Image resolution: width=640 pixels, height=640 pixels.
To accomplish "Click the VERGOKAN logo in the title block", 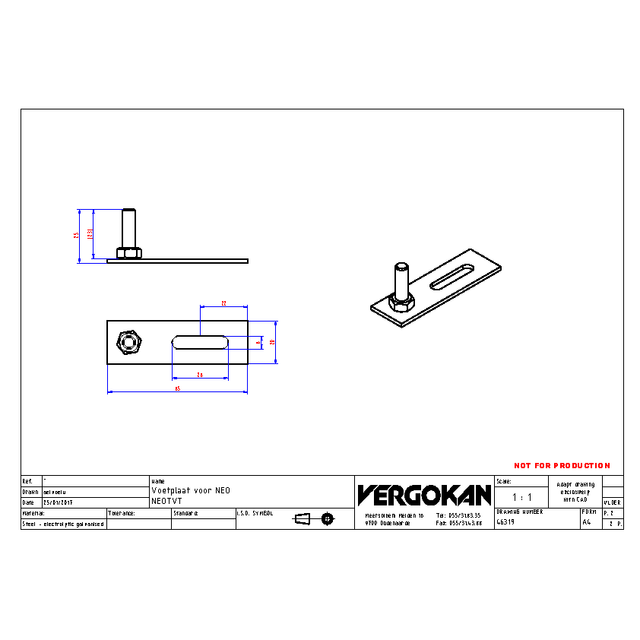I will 424,495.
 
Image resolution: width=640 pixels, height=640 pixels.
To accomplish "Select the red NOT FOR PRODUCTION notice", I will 562,465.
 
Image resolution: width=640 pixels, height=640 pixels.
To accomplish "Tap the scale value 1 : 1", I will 521,497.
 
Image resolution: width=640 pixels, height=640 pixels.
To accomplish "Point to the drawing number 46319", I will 505,522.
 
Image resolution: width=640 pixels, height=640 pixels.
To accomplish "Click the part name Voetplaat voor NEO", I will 190,491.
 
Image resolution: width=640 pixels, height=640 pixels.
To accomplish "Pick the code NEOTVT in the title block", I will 166,502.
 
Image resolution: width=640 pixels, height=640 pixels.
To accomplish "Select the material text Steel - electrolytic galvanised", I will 62,524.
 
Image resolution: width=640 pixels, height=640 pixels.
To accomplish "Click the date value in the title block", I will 58,502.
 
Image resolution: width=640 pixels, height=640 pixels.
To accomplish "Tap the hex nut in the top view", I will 128,343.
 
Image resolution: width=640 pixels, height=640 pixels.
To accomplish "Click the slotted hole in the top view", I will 200,343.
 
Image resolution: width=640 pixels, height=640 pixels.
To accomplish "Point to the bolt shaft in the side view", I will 128,227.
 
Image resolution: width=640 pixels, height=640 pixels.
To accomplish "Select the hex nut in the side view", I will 128,252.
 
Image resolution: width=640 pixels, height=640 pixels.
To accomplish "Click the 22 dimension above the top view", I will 223,303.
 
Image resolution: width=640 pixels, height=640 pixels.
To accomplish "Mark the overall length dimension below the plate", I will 177,388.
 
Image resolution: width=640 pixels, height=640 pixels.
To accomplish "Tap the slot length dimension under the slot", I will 200,374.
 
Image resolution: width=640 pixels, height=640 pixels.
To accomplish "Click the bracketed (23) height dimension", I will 90,234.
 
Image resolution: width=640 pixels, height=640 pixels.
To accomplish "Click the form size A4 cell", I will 586,522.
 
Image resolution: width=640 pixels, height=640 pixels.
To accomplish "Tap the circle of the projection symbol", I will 328,518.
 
